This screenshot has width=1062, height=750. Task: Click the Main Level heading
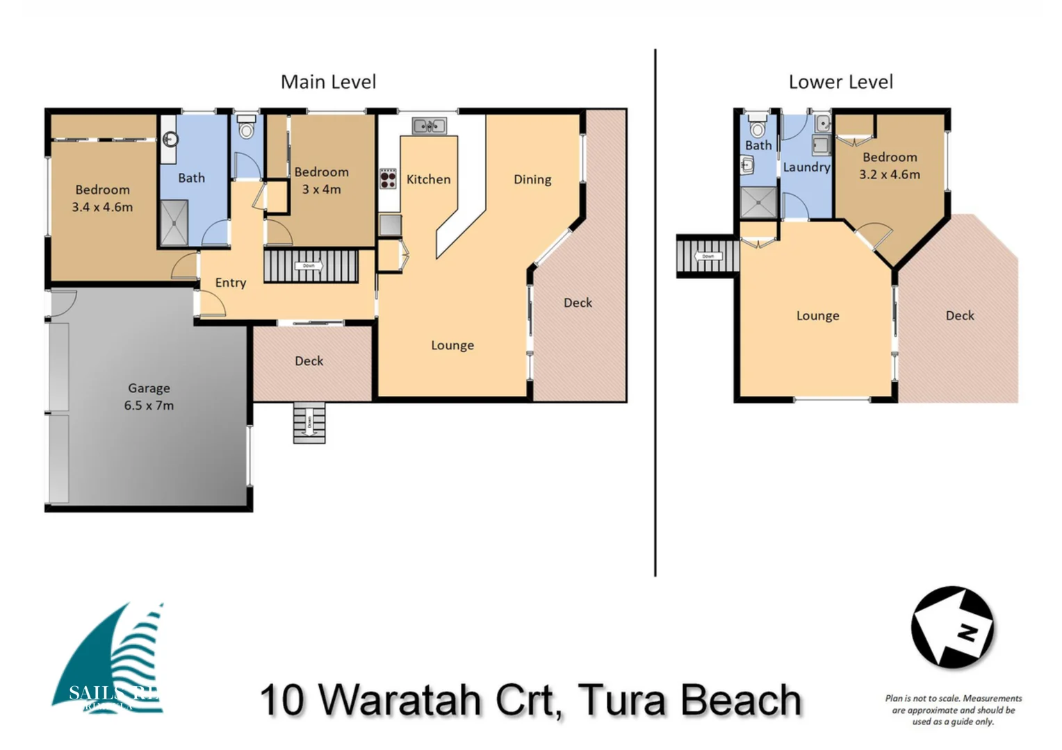pyautogui.click(x=328, y=82)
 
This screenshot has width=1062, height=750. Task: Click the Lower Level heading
pyautogui.click(x=840, y=82)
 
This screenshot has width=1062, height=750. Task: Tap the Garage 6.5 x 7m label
pyautogui.click(x=149, y=397)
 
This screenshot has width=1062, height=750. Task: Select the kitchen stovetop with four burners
pyautogui.click(x=388, y=179)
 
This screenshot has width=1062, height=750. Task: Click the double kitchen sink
pyautogui.click(x=429, y=126)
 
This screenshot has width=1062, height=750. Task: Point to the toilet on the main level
pyautogui.click(x=246, y=127)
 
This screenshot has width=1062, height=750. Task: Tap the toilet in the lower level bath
pyautogui.click(x=758, y=126)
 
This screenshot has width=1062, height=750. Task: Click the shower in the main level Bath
pyautogui.click(x=174, y=223)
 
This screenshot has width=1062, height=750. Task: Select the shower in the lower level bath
pyautogui.click(x=758, y=202)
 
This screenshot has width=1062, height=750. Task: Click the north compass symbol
pyautogui.click(x=952, y=628)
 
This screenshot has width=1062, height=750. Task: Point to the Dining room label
pyautogui.click(x=532, y=180)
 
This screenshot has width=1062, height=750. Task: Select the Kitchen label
pyautogui.click(x=428, y=180)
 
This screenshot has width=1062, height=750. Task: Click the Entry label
pyautogui.click(x=231, y=283)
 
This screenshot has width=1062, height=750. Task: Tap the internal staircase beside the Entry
pyautogui.click(x=311, y=266)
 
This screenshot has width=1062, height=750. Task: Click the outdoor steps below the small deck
pyautogui.click(x=309, y=422)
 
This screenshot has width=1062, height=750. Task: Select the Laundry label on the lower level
pyautogui.click(x=806, y=167)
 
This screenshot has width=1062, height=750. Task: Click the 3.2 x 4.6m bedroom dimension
pyautogui.click(x=889, y=175)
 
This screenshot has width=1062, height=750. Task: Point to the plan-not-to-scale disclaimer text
pyautogui.click(x=953, y=710)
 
